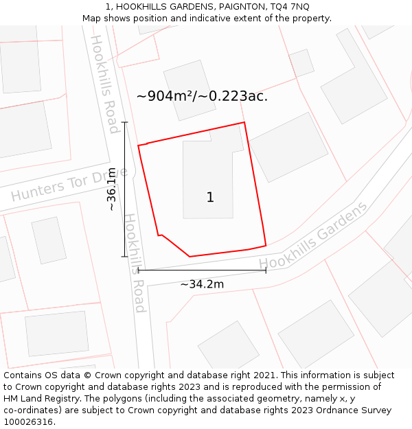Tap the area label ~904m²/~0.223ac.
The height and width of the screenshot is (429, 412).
(202, 96)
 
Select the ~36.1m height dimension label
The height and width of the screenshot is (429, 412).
(113, 190)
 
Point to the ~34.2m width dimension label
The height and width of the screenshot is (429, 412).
(202, 283)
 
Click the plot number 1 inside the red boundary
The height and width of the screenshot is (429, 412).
(210, 198)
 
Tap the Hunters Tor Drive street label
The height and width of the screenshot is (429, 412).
(69, 184)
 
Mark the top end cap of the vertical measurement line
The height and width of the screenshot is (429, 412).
(124, 122)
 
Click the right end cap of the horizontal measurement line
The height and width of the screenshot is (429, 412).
(266, 270)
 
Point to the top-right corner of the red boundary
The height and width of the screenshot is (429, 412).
(244, 123)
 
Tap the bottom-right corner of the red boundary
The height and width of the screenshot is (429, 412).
(266, 245)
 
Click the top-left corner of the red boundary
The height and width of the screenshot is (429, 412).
(138, 146)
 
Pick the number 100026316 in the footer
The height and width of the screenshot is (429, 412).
(28, 422)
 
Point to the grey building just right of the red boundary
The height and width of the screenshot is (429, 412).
(288, 147)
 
